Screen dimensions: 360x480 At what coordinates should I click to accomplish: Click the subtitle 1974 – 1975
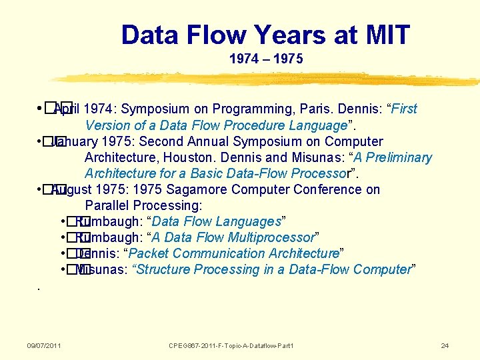pos(266,59)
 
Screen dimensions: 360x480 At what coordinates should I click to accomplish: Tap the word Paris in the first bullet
pos(315,109)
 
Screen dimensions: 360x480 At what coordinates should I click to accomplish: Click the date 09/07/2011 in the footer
pos(44,345)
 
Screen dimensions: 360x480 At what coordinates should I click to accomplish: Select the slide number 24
pos(445,345)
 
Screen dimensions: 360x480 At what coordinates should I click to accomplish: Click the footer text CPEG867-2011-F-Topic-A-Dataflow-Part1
pos(231,345)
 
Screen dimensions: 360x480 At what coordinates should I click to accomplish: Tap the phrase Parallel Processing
pos(143,205)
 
